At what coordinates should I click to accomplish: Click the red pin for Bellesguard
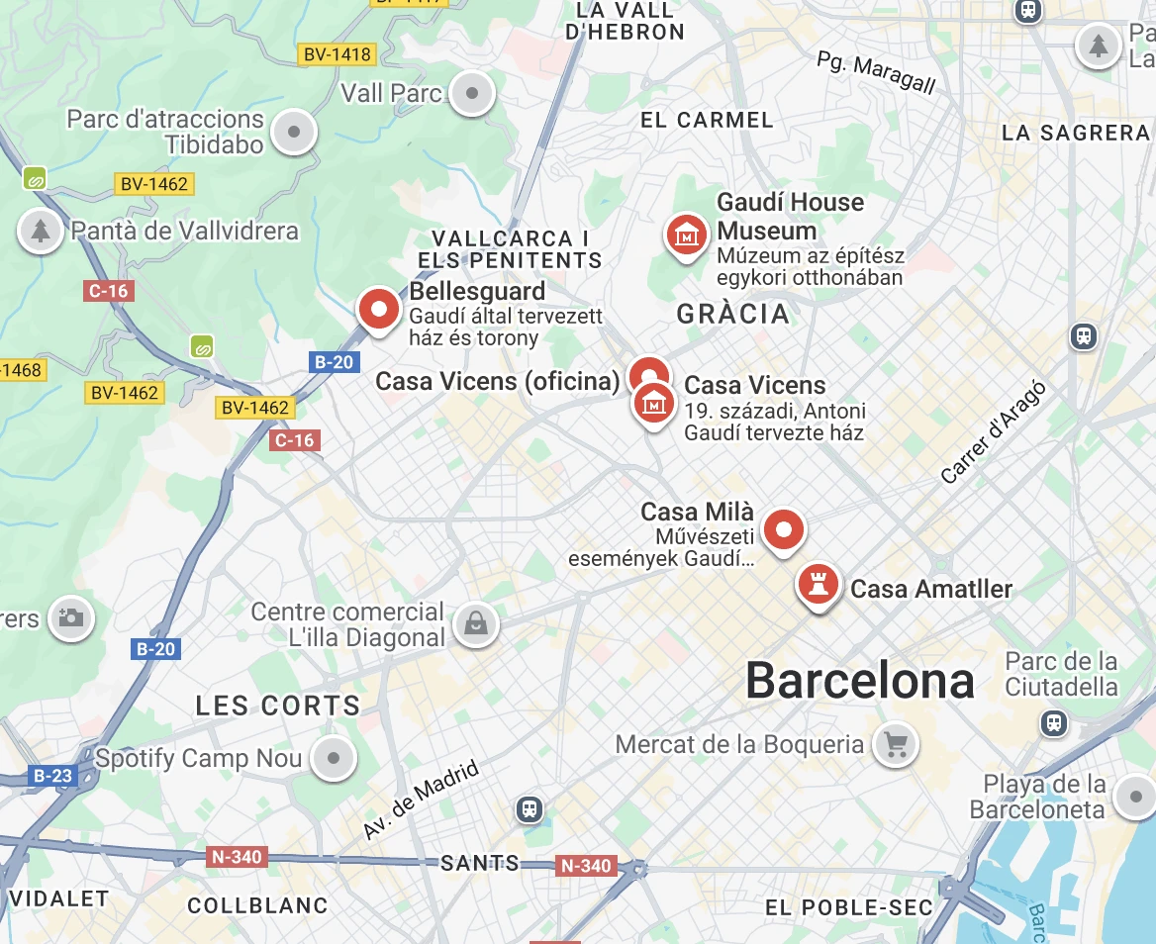click(x=378, y=310)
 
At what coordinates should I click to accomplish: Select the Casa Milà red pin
click(x=784, y=530)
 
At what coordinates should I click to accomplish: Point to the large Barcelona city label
click(x=859, y=681)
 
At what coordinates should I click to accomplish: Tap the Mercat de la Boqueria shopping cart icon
click(x=896, y=743)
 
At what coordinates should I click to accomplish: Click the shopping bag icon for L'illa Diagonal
click(x=475, y=624)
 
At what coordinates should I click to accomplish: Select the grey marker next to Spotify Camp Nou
click(x=334, y=759)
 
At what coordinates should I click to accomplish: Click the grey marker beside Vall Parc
click(x=472, y=94)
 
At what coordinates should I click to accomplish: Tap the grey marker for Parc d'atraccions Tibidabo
click(x=294, y=132)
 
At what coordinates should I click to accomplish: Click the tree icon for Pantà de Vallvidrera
click(x=40, y=231)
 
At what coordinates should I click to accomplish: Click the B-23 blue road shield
click(x=52, y=776)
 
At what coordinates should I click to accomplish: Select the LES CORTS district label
click(x=278, y=706)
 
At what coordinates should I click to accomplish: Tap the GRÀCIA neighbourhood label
click(x=733, y=315)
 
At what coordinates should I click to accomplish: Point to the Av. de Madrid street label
click(x=420, y=801)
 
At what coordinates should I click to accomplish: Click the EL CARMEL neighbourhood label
click(x=707, y=120)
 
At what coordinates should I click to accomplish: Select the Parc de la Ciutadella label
click(x=1061, y=674)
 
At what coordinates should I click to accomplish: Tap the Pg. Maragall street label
click(x=876, y=72)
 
